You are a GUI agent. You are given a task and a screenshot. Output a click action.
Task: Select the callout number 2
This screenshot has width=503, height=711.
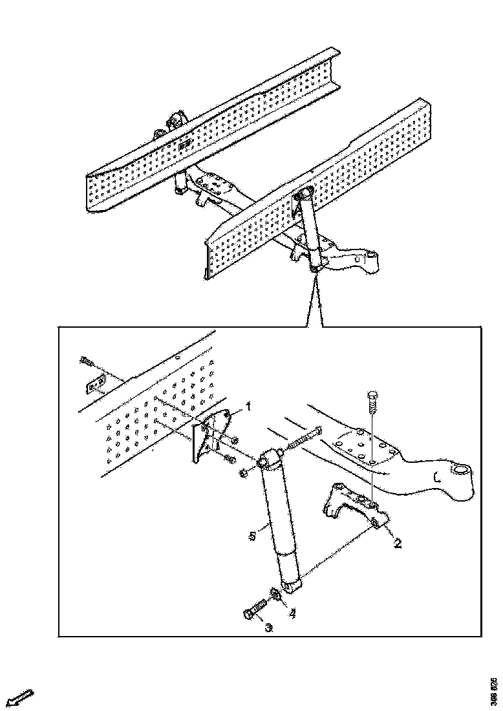coord(398,544)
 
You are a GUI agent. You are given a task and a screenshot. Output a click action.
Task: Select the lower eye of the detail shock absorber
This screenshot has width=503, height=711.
coord(291,586)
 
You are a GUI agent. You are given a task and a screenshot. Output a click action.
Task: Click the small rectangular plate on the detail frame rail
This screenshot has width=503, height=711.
coord(94,385)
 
